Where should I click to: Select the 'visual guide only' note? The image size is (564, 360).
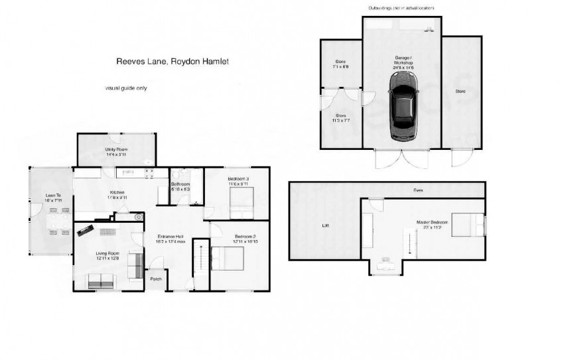[125, 88]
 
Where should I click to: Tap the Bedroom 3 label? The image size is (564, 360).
[238, 182]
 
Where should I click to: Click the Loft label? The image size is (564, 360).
[325, 225]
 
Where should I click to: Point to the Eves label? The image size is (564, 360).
[418, 190]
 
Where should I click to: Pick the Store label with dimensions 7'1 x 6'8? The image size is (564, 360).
[340, 64]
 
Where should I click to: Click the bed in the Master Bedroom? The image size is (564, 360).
[473, 225]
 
